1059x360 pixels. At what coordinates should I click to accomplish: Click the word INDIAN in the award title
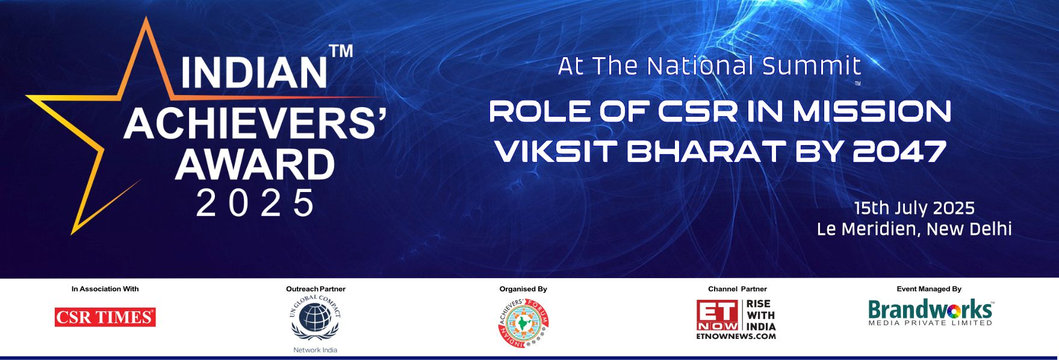(253, 73)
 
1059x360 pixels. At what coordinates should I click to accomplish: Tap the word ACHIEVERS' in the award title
(255, 125)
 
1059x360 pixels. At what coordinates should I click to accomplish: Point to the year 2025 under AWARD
(255, 203)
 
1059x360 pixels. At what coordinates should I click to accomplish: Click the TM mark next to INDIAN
(341, 51)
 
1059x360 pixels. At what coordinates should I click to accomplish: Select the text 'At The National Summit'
(709, 66)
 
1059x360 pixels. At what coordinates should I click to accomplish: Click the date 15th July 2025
(915, 208)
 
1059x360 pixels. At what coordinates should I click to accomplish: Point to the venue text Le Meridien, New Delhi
(914, 229)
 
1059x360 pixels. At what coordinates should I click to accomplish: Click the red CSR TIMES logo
(105, 317)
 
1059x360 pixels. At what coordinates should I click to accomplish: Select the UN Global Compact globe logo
(315, 318)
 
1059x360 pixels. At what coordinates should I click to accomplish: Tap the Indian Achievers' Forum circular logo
(523, 323)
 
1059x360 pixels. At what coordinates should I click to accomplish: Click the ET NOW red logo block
(718, 315)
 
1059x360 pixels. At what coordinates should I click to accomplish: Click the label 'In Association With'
(105, 289)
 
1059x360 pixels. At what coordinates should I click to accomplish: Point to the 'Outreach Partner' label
(315, 289)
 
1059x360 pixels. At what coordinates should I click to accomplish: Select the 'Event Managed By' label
(929, 289)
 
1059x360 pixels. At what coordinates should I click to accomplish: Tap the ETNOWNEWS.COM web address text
(736, 336)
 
